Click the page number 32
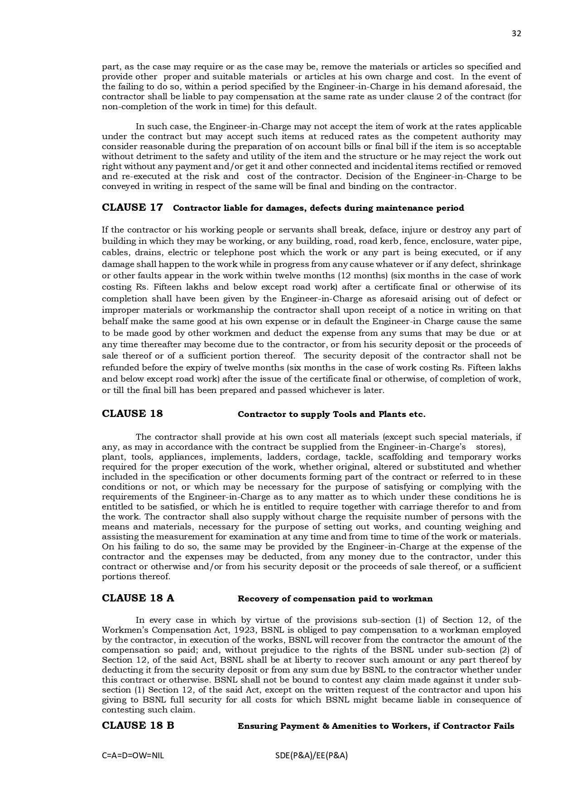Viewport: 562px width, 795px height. tap(516, 34)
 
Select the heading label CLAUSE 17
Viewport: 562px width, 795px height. tap(132, 208)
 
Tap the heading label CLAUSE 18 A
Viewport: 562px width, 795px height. tap(138, 598)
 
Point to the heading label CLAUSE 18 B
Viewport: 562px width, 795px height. tap(138, 726)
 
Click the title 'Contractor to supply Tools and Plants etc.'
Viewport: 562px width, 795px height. tap(331, 414)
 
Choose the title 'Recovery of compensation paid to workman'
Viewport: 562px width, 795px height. tap(335, 599)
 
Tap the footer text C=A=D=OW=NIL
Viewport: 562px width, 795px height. tap(133, 756)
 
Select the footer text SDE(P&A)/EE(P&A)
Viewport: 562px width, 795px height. tap(311, 756)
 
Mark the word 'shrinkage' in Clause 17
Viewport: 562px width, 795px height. tap(500, 264)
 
